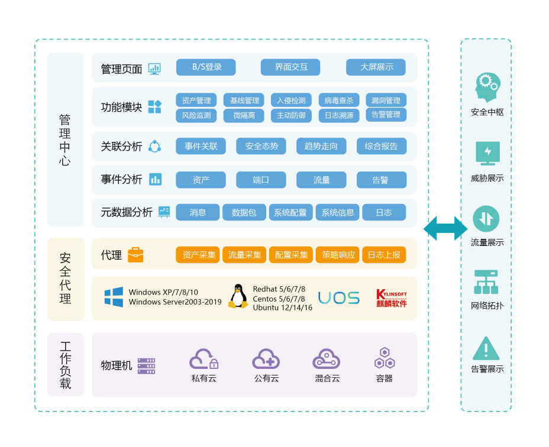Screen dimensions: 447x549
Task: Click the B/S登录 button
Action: pos(206,67)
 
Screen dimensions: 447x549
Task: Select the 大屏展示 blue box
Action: pos(376,67)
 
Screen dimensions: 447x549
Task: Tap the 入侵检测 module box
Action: pos(291,101)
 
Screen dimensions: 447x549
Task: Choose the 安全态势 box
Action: pos(261,147)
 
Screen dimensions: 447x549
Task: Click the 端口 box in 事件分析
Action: pos(261,180)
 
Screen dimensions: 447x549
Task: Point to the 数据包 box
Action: pos(244,212)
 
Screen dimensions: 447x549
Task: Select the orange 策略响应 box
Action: pos(338,255)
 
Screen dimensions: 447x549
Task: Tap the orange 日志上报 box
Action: pos(383,255)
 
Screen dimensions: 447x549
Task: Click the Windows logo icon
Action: pos(114,297)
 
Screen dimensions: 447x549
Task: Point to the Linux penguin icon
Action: pos(238,296)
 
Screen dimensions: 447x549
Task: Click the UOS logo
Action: pos(339,297)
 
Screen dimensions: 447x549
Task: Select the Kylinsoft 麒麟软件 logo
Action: pos(392,298)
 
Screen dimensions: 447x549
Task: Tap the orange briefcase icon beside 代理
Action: pos(135,255)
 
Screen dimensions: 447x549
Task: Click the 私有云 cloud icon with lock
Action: pos(204,359)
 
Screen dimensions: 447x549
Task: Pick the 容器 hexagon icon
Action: pos(385,358)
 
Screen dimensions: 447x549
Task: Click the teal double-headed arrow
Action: pos(445,228)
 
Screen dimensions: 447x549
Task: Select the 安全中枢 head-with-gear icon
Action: pos(487,88)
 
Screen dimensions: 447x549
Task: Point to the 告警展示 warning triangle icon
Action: pos(486,349)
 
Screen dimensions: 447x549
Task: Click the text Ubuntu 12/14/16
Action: pos(282,308)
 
